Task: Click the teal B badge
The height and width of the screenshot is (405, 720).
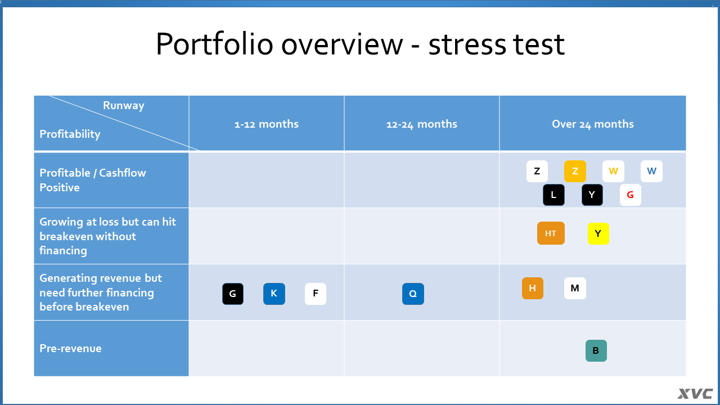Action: [x=596, y=350]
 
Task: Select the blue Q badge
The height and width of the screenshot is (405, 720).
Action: [x=413, y=294]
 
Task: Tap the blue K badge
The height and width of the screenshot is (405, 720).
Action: [x=274, y=294]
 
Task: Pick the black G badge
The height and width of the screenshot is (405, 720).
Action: [x=233, y=294]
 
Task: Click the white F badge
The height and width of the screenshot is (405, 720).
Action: [x=316, y=294]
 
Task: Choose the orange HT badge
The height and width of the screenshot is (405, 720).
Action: [x=551, y=233]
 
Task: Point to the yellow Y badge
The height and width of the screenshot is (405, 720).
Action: [x=598, y=233]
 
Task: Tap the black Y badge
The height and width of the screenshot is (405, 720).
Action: [x=592, y=195]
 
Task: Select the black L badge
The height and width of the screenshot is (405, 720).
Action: [x=553, y=195]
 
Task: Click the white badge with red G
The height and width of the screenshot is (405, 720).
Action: [x=631, y=195]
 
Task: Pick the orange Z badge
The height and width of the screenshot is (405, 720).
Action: [x=575, y=172]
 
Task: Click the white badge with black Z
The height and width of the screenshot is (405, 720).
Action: [x=537, y=172]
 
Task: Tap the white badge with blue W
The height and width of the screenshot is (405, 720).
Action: [x=651, y=172]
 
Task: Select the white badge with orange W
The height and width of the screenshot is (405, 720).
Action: [x=613, y=172]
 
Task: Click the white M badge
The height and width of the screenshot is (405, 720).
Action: [x=575, y=289]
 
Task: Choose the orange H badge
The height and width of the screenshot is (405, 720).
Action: [x=533, y=289]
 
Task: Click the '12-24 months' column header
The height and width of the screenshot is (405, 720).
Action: [x=422, y=124]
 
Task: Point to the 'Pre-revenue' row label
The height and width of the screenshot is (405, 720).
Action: [x=70, y=348]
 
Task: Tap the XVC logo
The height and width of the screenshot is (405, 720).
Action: [x=695, y=393]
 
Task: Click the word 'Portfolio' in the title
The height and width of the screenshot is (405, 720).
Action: [x=215, y=44]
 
